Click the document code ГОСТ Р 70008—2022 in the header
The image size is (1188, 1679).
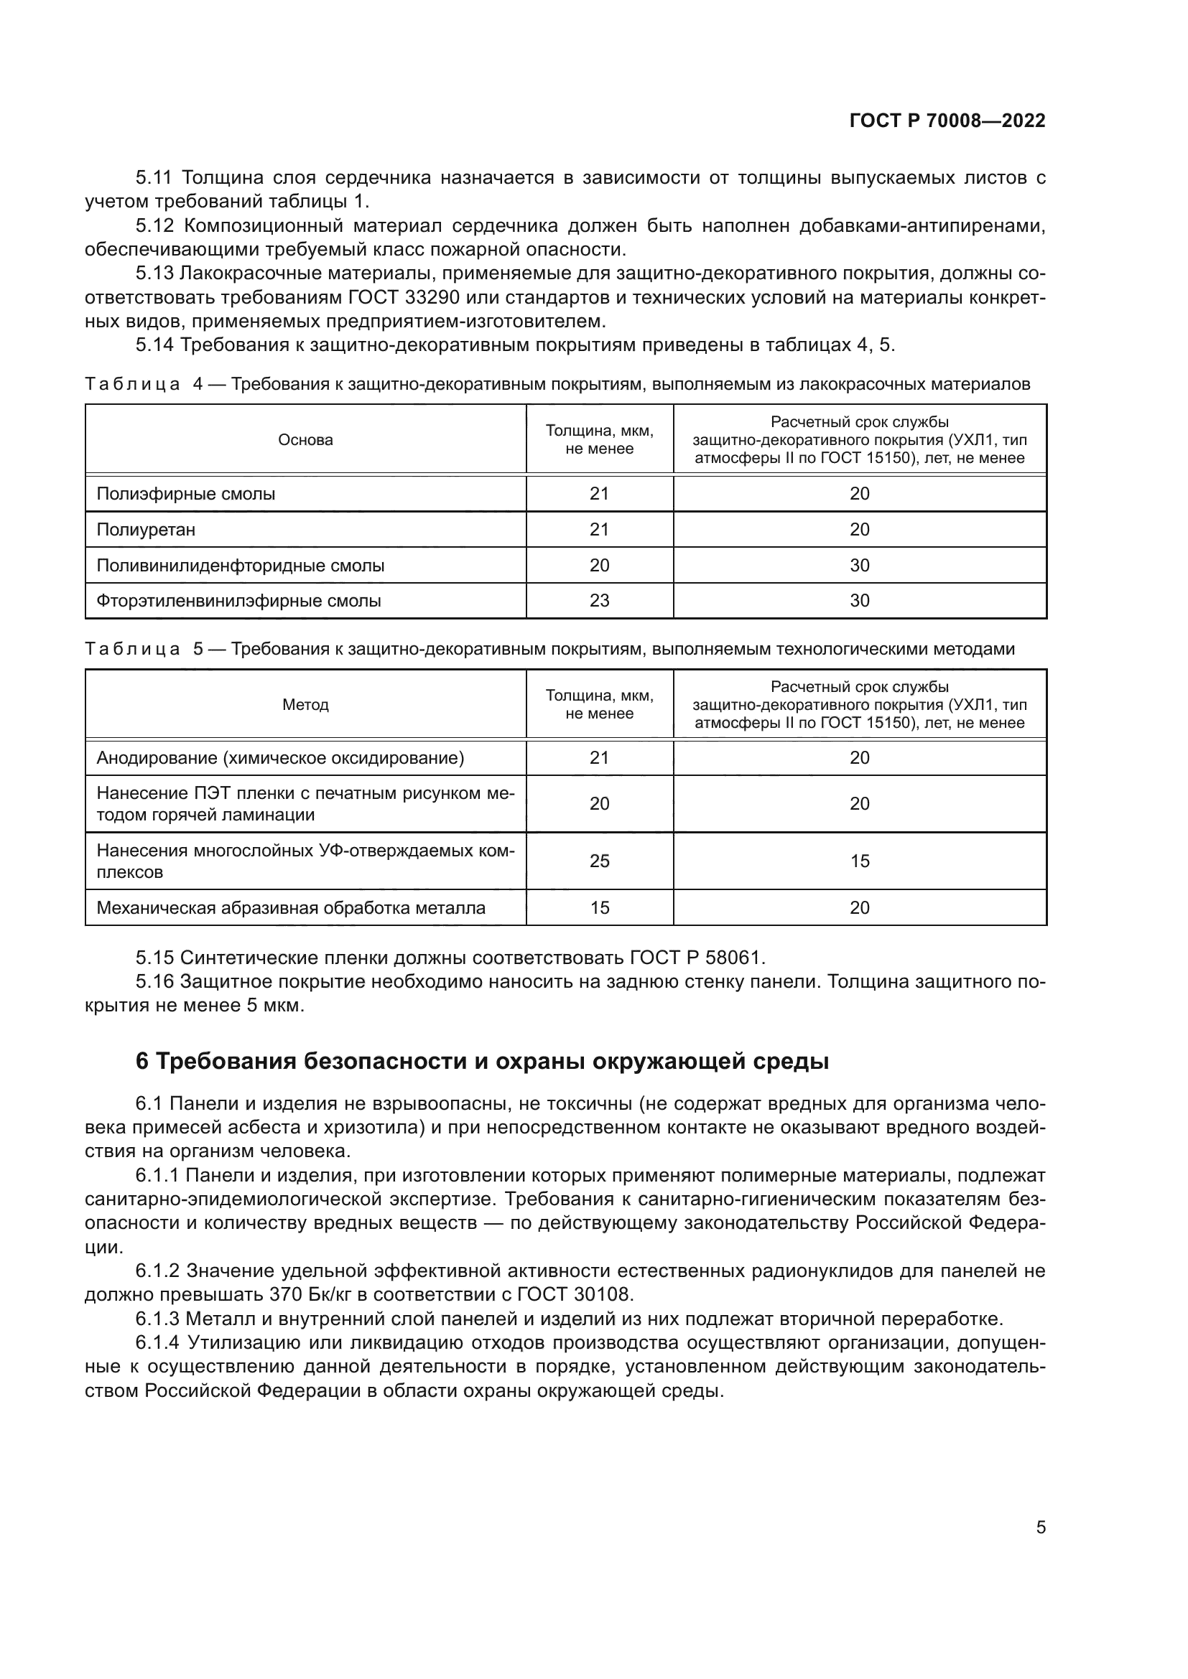947,121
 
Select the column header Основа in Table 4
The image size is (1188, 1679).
305,440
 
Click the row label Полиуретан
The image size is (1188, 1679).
147,530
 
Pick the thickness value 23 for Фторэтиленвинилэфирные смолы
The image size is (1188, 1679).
599,600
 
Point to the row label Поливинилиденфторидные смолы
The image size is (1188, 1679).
241,565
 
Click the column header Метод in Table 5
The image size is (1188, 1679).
305,705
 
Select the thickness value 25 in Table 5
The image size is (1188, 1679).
599,861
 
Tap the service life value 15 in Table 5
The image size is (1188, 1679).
860,861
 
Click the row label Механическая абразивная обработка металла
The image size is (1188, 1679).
291,907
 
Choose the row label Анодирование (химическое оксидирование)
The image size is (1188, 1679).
280,757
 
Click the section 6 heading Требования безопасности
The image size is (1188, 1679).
482,1061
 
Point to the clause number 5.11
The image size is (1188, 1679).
154,178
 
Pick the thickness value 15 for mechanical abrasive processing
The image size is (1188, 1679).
599,907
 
